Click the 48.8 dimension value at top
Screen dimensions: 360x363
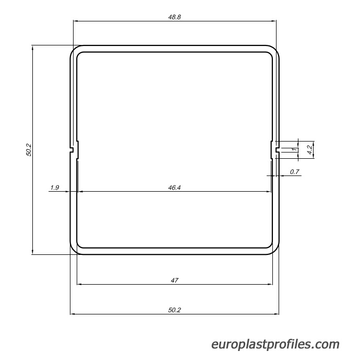tap(175, 17)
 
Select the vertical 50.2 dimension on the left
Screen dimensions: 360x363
tap(29, 150)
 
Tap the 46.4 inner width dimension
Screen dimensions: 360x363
tap(174, 188)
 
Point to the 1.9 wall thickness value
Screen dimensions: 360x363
tap(55, 188)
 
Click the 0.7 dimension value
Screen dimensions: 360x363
tap(295, 172)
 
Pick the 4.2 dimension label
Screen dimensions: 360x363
tap(309, 150)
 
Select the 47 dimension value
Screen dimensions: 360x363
tap(175, 280)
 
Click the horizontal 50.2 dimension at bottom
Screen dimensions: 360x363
tap(175, 310)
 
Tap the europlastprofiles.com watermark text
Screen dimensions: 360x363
tap(275, 344)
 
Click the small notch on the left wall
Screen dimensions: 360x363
tap(71, 150)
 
